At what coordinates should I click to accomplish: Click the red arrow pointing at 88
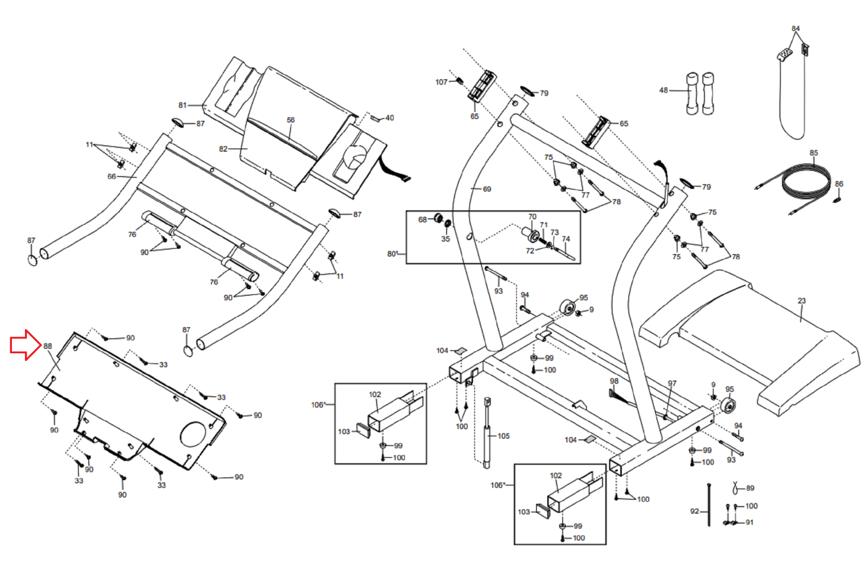25,345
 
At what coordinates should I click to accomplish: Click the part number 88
48,346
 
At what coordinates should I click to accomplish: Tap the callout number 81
182,105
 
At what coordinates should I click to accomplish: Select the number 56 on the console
290,120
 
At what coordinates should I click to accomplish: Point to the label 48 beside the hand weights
663,90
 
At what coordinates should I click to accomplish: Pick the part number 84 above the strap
795,29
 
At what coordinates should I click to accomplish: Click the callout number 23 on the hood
801,301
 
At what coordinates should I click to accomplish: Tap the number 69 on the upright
487,189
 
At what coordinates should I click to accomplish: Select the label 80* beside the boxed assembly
392,254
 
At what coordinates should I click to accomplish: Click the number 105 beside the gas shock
503,436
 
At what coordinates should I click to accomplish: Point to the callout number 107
441,82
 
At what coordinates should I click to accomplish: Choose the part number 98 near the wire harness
614,381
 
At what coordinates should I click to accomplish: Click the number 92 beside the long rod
695,512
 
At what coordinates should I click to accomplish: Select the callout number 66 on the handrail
112,177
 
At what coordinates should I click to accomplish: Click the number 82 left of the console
223,149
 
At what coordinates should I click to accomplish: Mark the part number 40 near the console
390,118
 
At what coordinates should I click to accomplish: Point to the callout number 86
839,184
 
